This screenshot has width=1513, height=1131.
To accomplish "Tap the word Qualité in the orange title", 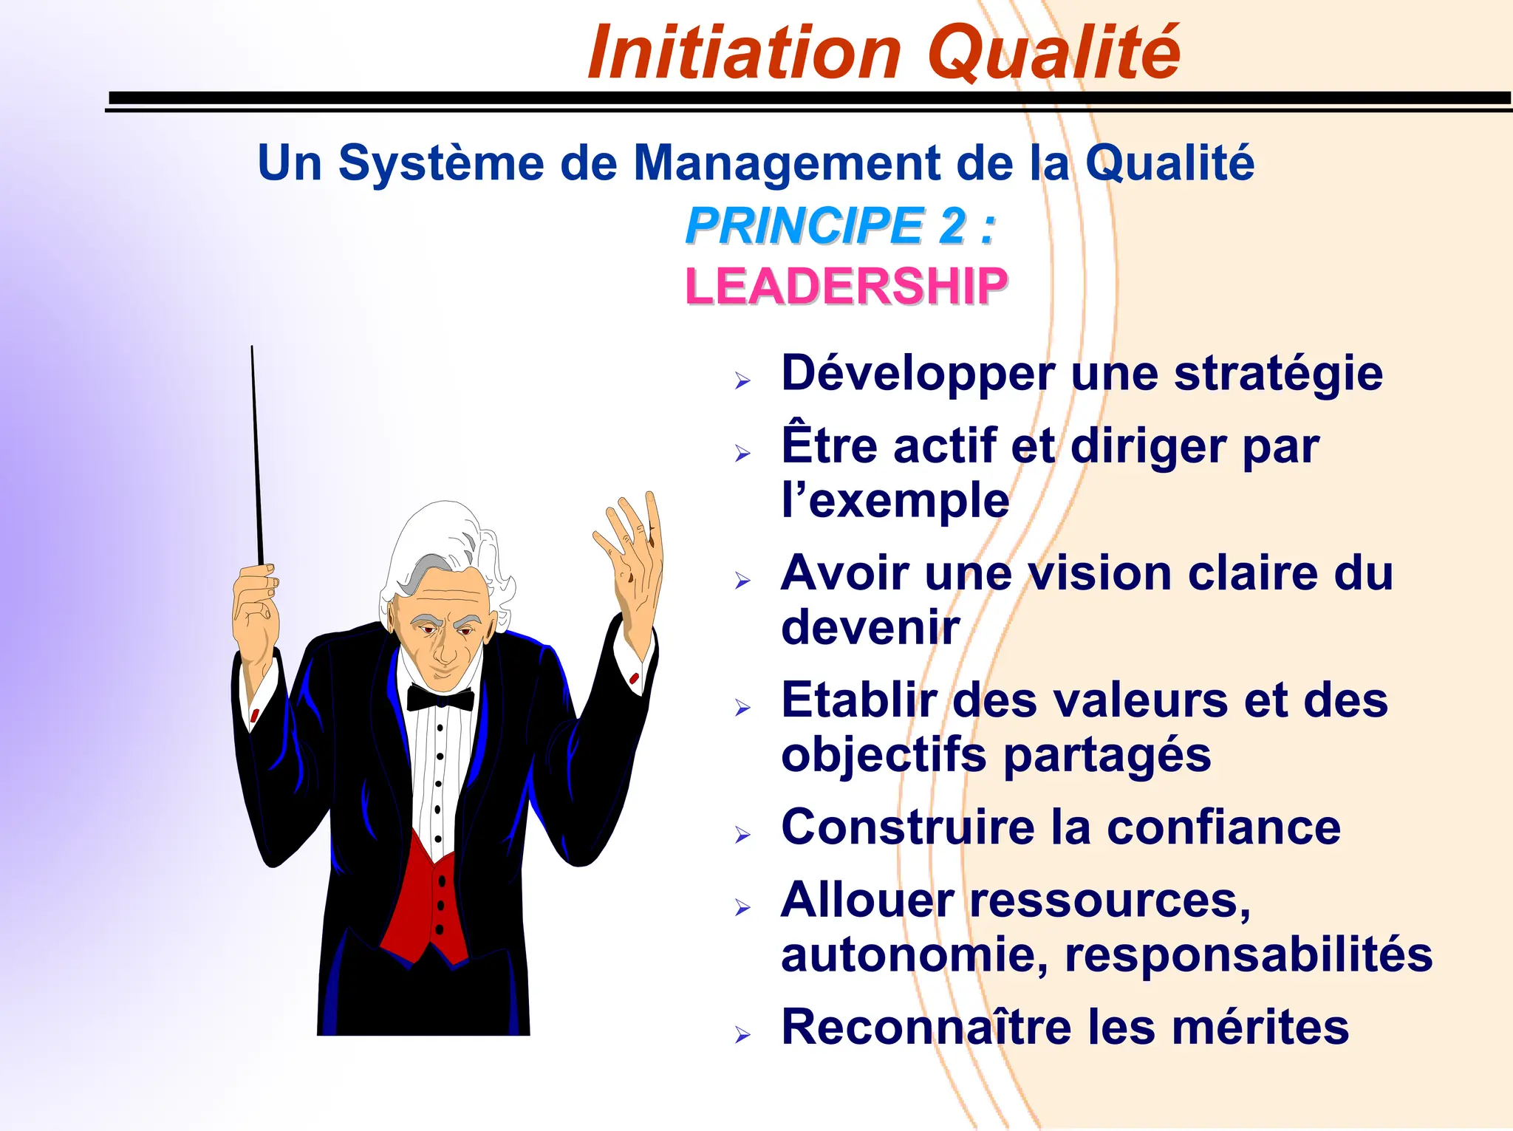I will click(1053, 53).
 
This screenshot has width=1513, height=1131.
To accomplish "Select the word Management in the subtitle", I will click(787, 164).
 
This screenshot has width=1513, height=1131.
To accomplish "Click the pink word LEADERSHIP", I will click(846, 287).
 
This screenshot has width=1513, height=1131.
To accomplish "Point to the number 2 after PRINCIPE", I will click(952, 226).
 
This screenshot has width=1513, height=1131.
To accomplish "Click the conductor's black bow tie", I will click(440, 698).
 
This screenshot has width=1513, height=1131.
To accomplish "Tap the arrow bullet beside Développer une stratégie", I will click(742, 381).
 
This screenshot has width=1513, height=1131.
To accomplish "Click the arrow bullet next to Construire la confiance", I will click(742, 836).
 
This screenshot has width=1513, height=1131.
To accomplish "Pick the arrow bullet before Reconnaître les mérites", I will click(742, 1035).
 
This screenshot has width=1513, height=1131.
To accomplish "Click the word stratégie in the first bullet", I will click(1278, 375).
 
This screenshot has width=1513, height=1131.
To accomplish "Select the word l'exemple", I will click(895, 502).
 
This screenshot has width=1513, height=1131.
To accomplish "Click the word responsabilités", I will click(1249, 955).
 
